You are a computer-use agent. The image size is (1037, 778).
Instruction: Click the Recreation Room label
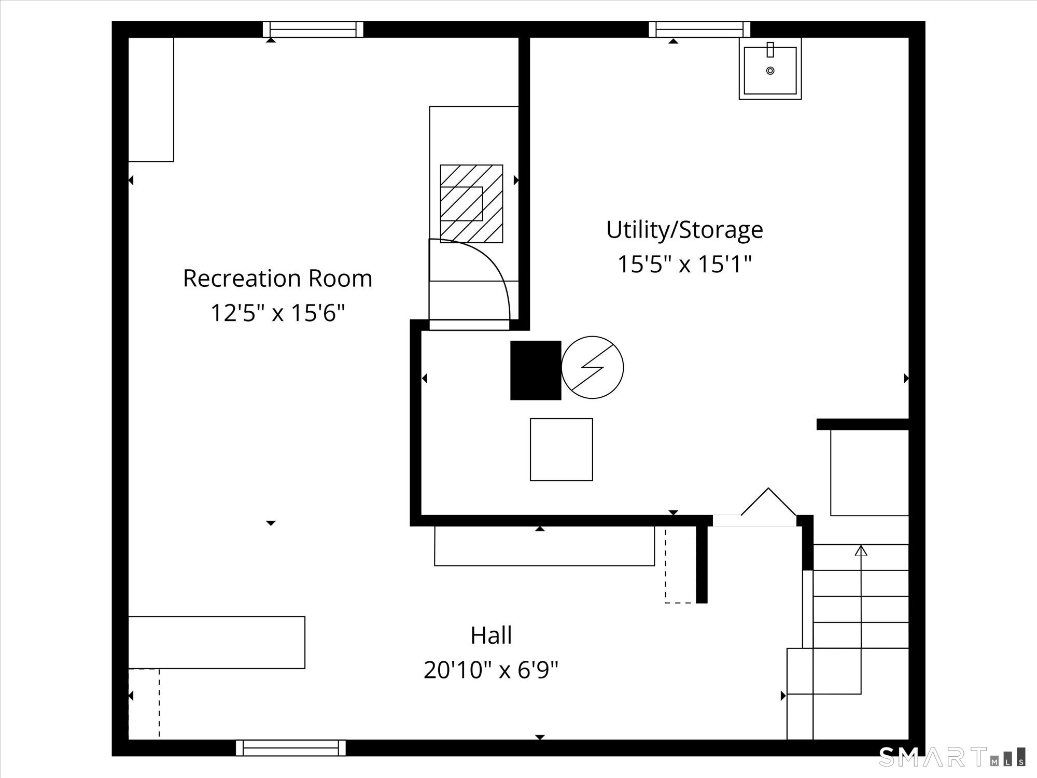click(x=277, y=279)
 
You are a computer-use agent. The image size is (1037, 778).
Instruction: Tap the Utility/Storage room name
click(x=684, y=230)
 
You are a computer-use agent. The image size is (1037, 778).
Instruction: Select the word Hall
click(x=491, y=635)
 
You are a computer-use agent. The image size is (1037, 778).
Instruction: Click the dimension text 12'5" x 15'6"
click(x=277, y=313)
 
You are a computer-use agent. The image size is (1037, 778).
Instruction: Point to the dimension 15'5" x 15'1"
click(x=684, y=264)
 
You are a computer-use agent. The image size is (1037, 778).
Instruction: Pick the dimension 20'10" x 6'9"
click(x=491, y=670)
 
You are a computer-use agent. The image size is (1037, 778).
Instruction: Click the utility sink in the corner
click(x=770, y=68)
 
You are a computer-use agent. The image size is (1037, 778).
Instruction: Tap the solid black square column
click(x=536, y=370)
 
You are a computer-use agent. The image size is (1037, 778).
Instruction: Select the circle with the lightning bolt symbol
click(x=593, y=368)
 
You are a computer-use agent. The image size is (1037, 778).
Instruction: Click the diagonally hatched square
click(x=471, y=203)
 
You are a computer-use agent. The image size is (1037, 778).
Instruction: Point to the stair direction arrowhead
click(x=861, y=550)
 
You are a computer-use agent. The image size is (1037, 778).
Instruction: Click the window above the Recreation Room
click(x=313, y=29)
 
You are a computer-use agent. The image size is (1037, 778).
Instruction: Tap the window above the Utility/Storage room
click(x=699, y=29)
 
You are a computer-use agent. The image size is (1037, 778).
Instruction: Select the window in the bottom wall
click(x=290, y=748)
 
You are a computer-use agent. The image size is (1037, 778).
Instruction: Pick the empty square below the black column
click(x=561, y=450)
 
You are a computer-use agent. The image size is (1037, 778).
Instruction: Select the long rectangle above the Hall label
click(x=544, y=546)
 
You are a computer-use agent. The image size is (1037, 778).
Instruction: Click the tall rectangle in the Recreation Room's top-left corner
click(x=151, y=100)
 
